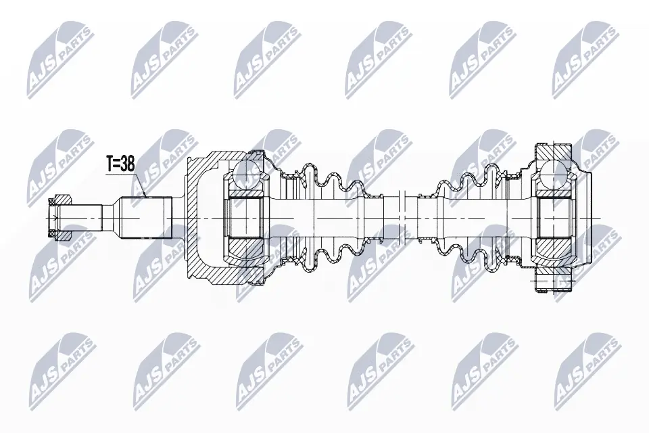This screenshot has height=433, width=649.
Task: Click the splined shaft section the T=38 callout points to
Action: coord(145,218)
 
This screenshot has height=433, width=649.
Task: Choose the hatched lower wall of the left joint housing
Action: coord(216,274)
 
